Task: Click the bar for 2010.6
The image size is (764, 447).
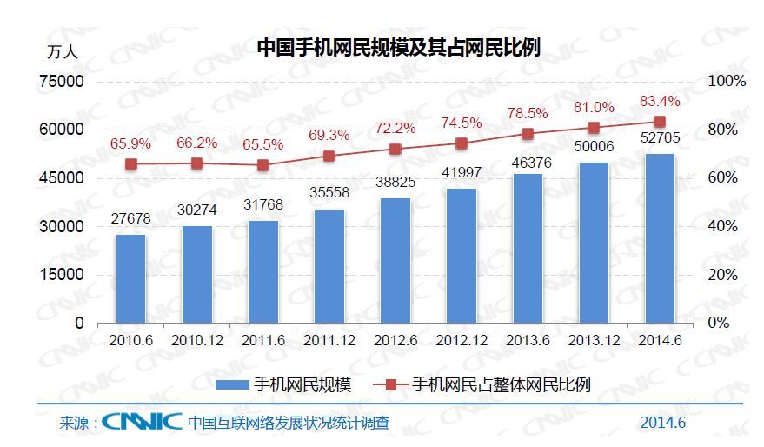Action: pos(131,278)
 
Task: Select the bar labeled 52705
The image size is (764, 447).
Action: pos(660,238)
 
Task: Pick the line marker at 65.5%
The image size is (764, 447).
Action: pos(263,165)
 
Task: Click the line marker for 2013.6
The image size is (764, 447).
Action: pos(528,134)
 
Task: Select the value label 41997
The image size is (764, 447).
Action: pos(462,172)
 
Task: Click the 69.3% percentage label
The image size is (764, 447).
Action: pos(329,136)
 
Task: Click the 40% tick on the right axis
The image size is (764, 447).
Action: pos(723,226)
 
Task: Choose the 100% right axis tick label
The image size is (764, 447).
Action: pos(727,81)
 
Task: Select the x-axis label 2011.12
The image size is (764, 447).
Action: pos(329,341)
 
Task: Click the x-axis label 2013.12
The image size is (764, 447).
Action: pos(594,341)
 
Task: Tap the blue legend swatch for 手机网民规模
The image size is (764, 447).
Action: pos(231,384)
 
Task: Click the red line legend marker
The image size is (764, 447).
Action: pos(390,384)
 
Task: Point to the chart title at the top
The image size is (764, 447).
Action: pos(399,48)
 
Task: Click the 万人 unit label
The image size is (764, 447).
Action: pos(62,51)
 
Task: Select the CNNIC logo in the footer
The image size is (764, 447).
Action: pos(141,423)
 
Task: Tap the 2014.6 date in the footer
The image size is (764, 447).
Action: pos(663,424)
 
